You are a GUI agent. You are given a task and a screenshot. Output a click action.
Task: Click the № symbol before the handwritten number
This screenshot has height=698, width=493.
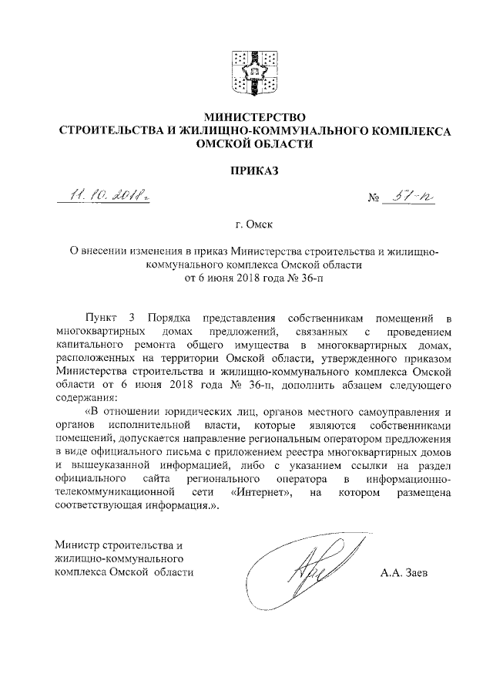375,203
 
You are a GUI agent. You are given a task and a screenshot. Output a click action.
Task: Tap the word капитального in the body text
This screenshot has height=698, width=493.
91,346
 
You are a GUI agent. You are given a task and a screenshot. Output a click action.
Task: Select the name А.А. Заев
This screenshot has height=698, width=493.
407,573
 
